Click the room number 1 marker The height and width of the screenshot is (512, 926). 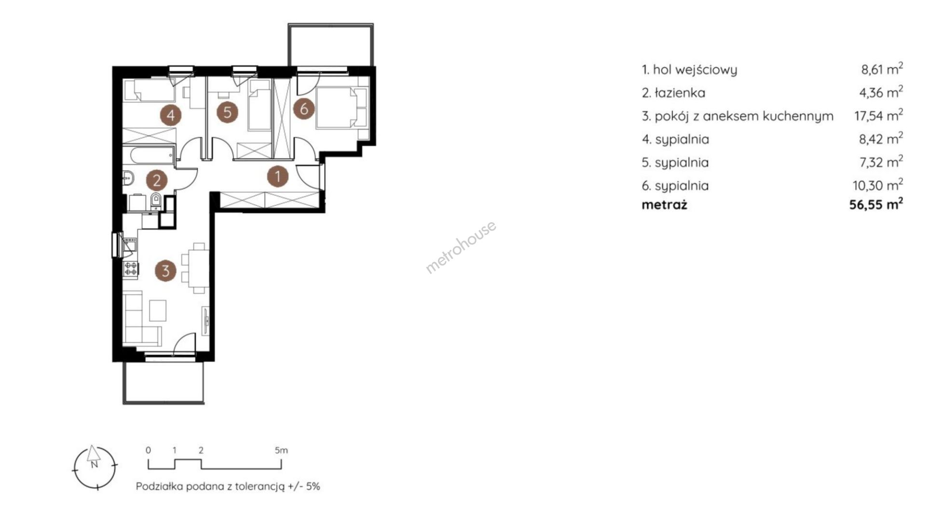click(x=278, y=176)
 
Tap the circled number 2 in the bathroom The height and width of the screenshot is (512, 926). click(x=157, y=180)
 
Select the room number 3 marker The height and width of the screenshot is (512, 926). click(x=165, y=270)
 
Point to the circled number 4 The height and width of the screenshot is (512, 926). click(x=171, y=115)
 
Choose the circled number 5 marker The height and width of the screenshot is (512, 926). click(x=228, y=112)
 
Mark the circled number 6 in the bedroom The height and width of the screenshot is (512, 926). click(x=304, y=108)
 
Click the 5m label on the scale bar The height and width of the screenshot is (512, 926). click(x=281, y=450)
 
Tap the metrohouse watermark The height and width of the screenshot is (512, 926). click(x=461, y=247)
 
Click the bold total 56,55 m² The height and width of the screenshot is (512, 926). click(x=876, y=204)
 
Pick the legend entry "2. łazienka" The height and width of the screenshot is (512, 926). click(x=673, y=93)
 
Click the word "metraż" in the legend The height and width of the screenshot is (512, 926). click(x=664, y=205)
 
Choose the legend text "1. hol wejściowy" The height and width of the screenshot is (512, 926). click(x=689, y=70)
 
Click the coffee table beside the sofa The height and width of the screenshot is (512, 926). click(x=158, y=310)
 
